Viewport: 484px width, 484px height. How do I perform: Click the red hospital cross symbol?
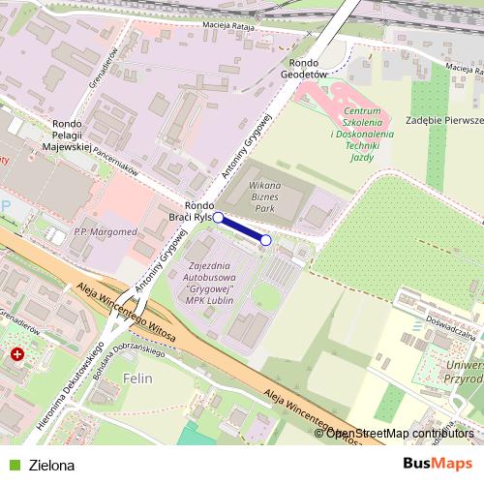pyautogui.click(x=17, y=355)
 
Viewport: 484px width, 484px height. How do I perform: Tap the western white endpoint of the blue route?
pyautogui.click(x=218, y=218)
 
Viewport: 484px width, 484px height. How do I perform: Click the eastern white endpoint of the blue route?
pyautogui.click(x=266, y=240)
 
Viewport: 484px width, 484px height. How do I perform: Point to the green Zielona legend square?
pyautogui.click(x=13, y=465)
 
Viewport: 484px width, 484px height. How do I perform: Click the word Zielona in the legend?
pyautogui.click(x=51, y=465)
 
